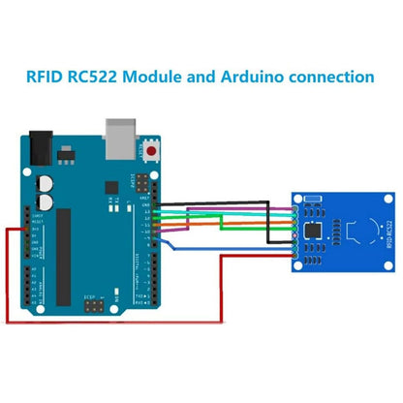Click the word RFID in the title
49,76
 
